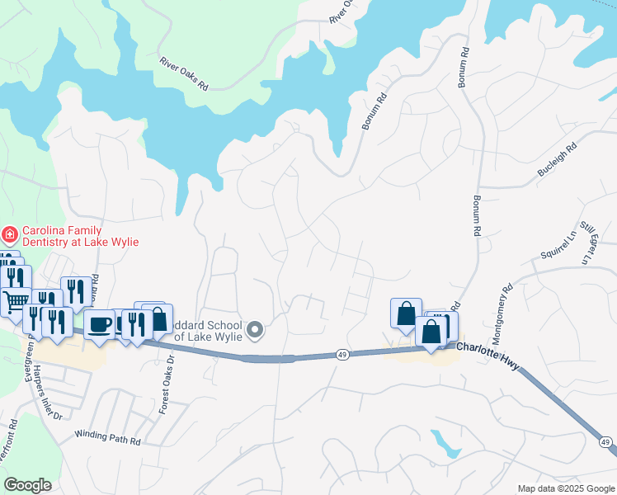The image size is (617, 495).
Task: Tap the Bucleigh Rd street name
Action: pyautogui.click(x=557, y=154)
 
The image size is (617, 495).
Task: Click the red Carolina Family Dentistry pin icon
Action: pyautogui.click(x=10, y=235)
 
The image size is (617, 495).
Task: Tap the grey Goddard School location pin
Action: pyautogui.click(x=256, y=330)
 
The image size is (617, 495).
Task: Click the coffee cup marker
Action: pyautogui.click(x=100, y=323)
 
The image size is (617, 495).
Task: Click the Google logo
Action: pyautogui.click(x=28, y=484)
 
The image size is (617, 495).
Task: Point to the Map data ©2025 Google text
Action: pyautogui.click(x=565, y=488)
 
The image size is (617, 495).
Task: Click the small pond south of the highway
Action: pyautogui.click(x=445, y=444)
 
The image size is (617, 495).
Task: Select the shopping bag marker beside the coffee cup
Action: pyautogui.click(x=157, y=319)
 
